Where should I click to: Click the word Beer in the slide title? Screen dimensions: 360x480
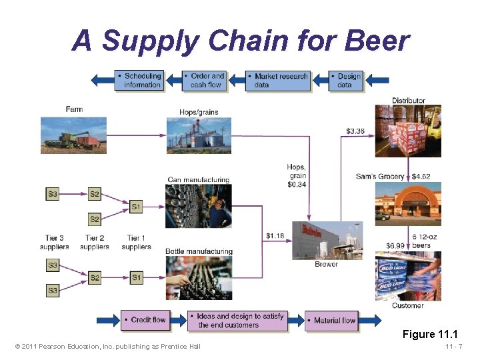tap(377, 41)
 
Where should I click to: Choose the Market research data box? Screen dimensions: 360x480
tap(278, 80)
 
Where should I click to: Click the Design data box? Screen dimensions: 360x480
tap(347, 80)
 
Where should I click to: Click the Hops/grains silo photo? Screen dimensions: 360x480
tap(199, 135)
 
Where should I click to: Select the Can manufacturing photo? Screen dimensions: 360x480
tap(199, 206)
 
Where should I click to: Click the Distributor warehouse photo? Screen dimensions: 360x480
tap(408, 131)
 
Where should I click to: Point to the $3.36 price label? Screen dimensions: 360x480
tap(356, 131)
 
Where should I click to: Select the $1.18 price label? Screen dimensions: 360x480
tap(275, 235)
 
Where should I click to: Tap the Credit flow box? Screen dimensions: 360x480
tap(145, 320)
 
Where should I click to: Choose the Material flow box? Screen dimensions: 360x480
tap(331, 320)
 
